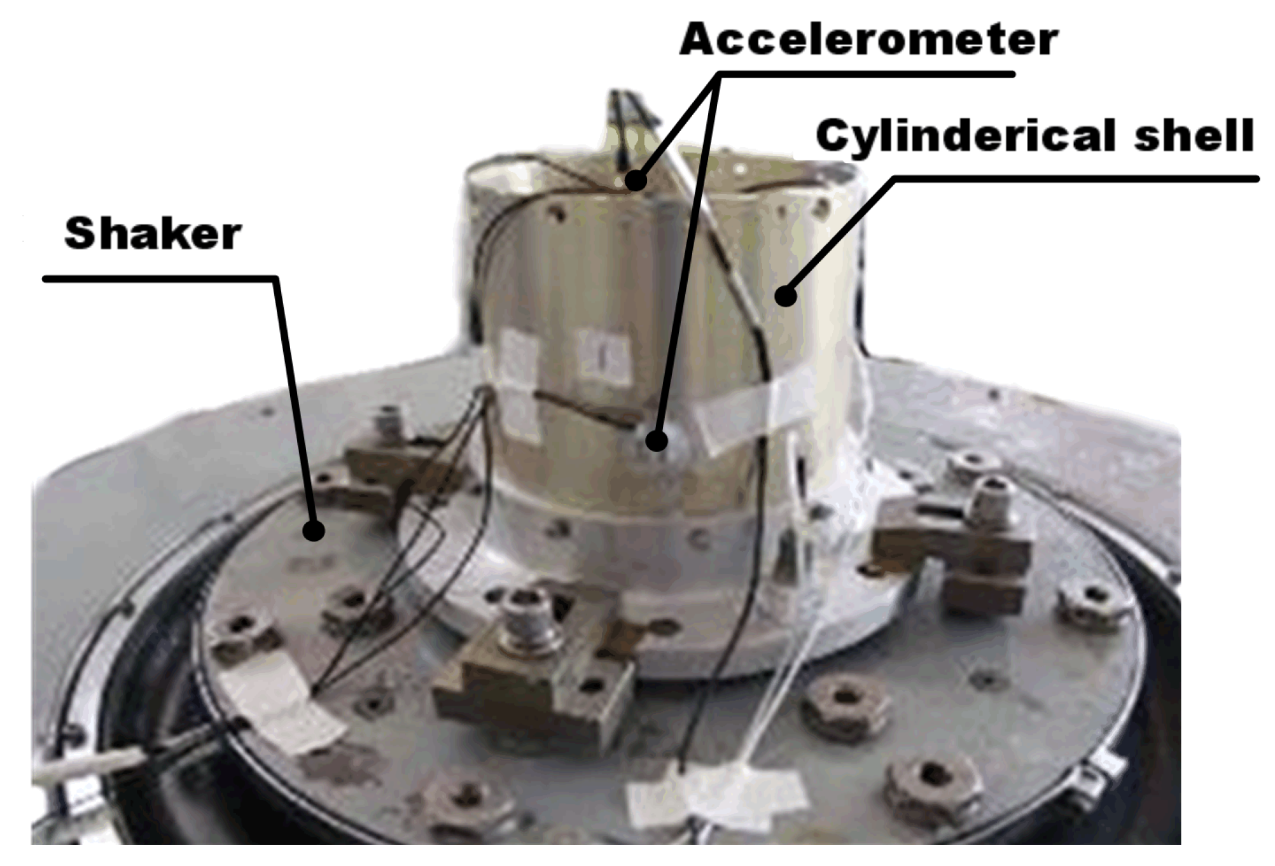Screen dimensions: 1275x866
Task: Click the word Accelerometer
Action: point(868,39)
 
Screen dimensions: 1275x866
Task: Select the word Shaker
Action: point(153,234)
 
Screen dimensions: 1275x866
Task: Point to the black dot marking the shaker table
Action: point(313,529)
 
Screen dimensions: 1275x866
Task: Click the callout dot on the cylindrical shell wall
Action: point(786,296)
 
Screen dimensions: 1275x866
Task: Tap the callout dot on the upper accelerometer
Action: point(635,180)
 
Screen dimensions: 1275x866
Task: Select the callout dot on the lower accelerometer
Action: point(657,440)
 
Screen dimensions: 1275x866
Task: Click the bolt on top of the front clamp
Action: point(526,614)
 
